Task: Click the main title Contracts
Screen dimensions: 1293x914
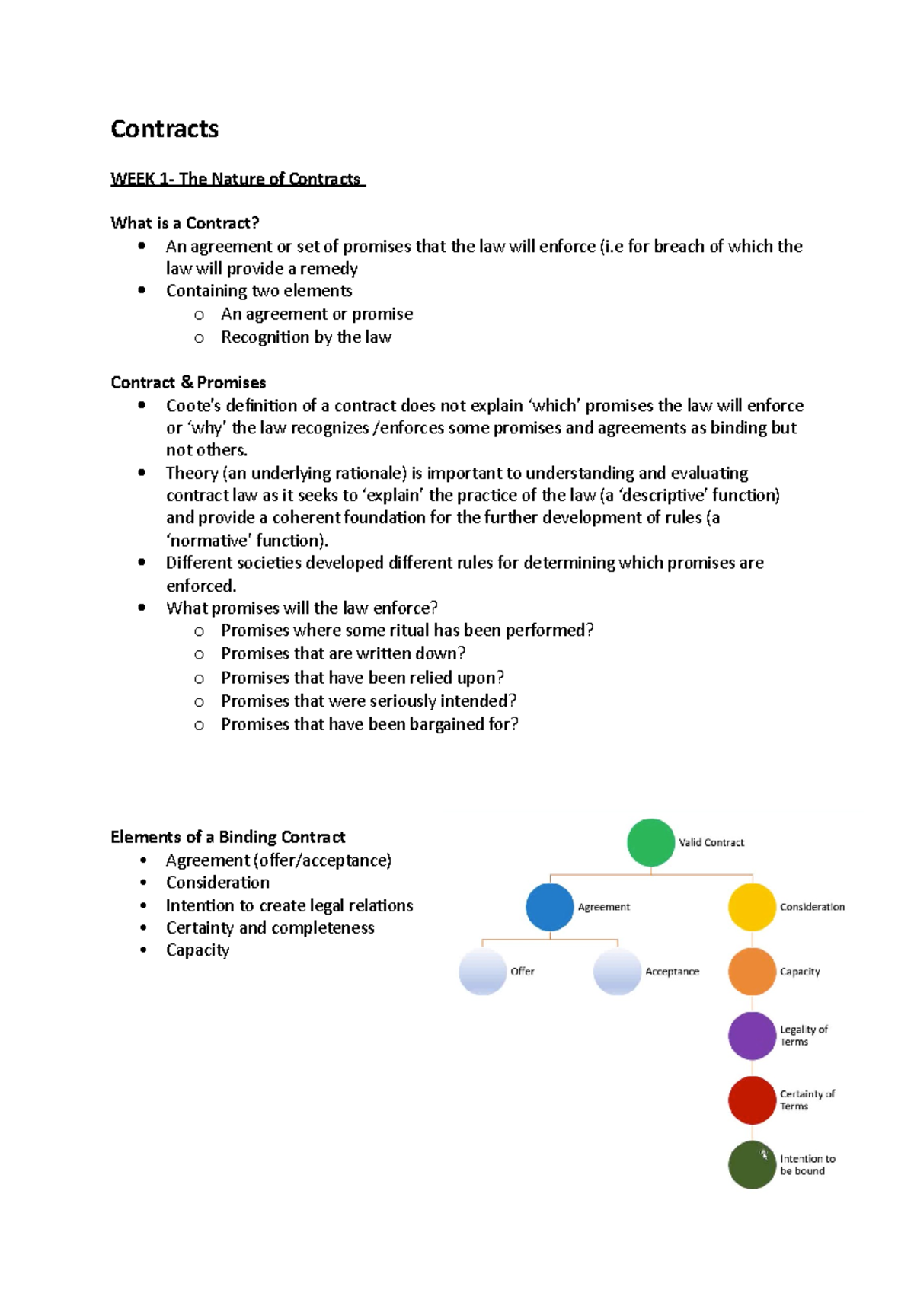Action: (x=165, y=129)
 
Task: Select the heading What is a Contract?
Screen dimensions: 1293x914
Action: (x=185, y=223)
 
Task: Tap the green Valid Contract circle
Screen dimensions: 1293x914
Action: (x=650, y=842)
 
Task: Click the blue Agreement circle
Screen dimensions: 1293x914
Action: (x=549, y=907)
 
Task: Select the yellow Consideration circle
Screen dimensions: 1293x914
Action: (x=752, y=907)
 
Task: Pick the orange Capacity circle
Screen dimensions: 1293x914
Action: (x=752, y=972)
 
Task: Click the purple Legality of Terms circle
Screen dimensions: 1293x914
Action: (x=752, y=1036)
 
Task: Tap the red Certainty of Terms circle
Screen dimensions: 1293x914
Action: (x=752, y=1100)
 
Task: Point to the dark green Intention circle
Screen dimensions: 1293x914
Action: (x=752, y=1164)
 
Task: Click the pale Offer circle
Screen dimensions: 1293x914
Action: (x=482, y=972)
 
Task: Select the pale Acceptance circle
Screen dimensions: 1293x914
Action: (x=617, y=972)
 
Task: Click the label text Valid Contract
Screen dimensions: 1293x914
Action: (x=711, y=842)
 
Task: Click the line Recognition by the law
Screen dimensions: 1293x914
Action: (x=305, y=337)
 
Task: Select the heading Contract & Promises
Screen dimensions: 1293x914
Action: (x=188, y=382)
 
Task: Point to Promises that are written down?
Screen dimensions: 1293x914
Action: (x=343, y=653)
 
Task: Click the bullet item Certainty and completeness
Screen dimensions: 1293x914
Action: (x=270, y=927)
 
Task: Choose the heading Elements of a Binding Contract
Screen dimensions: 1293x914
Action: (x=228, y=837)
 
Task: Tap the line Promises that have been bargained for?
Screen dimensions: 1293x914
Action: (x=369, y=724)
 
